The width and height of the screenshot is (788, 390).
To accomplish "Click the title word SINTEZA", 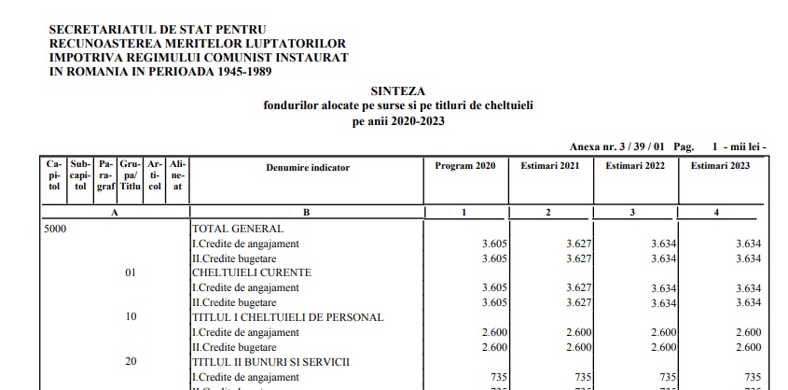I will [x=398, y=91].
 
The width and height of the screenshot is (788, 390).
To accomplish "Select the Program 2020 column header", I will [x=465, y=166].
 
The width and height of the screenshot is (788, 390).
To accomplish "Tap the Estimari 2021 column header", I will [x=550, y=166].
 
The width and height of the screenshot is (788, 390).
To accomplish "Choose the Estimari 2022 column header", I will [x=635, y=166].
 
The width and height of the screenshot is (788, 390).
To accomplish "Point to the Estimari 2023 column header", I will [x=720, y=166].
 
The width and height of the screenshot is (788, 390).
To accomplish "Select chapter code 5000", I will [x=56, y=228].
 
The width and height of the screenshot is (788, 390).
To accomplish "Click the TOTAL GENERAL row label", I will [x=237, y=228].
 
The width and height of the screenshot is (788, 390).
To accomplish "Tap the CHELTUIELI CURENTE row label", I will [x=251, y=272].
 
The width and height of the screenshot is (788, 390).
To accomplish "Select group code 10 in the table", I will [x=131, y=317].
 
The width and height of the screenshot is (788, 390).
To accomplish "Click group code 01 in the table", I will [x=131, y=272].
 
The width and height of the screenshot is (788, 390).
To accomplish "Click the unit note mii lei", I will [x=744, y=147].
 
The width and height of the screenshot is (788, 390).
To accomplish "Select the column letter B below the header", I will [x=306, y=213].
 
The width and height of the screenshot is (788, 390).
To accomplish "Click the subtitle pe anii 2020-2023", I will [x=398, y=121].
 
